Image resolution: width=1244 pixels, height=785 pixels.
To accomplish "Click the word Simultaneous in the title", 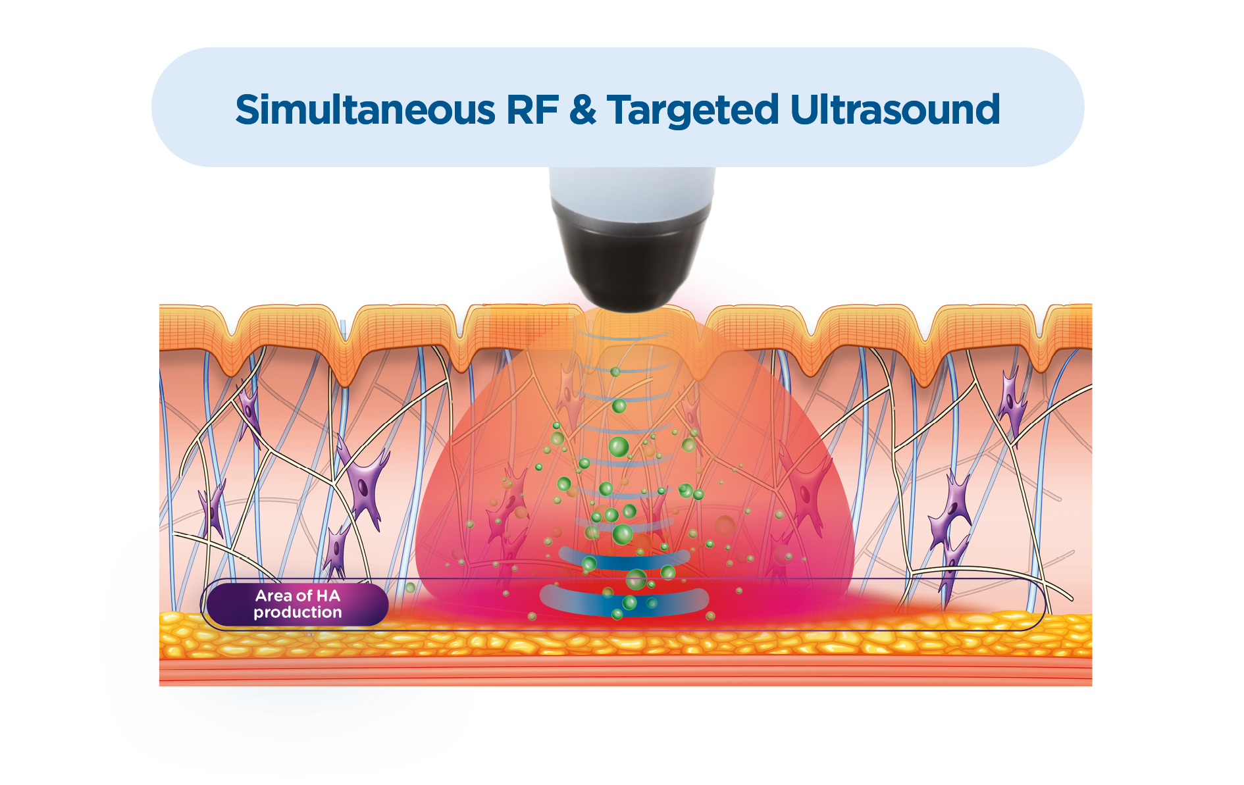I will pos(365,110).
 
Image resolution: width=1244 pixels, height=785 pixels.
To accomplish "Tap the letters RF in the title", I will pos(532,110).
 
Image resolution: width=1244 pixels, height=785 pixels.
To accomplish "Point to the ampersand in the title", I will pos(583,110).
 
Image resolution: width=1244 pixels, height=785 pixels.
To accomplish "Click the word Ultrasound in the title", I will pos(894,110).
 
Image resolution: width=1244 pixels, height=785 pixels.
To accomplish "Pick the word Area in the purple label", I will pos(274,596).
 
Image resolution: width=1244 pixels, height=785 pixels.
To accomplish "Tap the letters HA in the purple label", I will pos(328,596).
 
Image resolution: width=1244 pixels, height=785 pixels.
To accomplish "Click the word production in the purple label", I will pos(298,613).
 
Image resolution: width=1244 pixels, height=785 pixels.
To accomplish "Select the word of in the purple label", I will pos(304,596).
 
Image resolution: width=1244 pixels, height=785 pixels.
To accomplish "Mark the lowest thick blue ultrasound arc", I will pos(624,601).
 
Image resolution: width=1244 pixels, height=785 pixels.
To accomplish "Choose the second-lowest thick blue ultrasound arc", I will pos(624,560).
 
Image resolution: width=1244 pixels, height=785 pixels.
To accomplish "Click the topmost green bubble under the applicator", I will pos(615,372).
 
